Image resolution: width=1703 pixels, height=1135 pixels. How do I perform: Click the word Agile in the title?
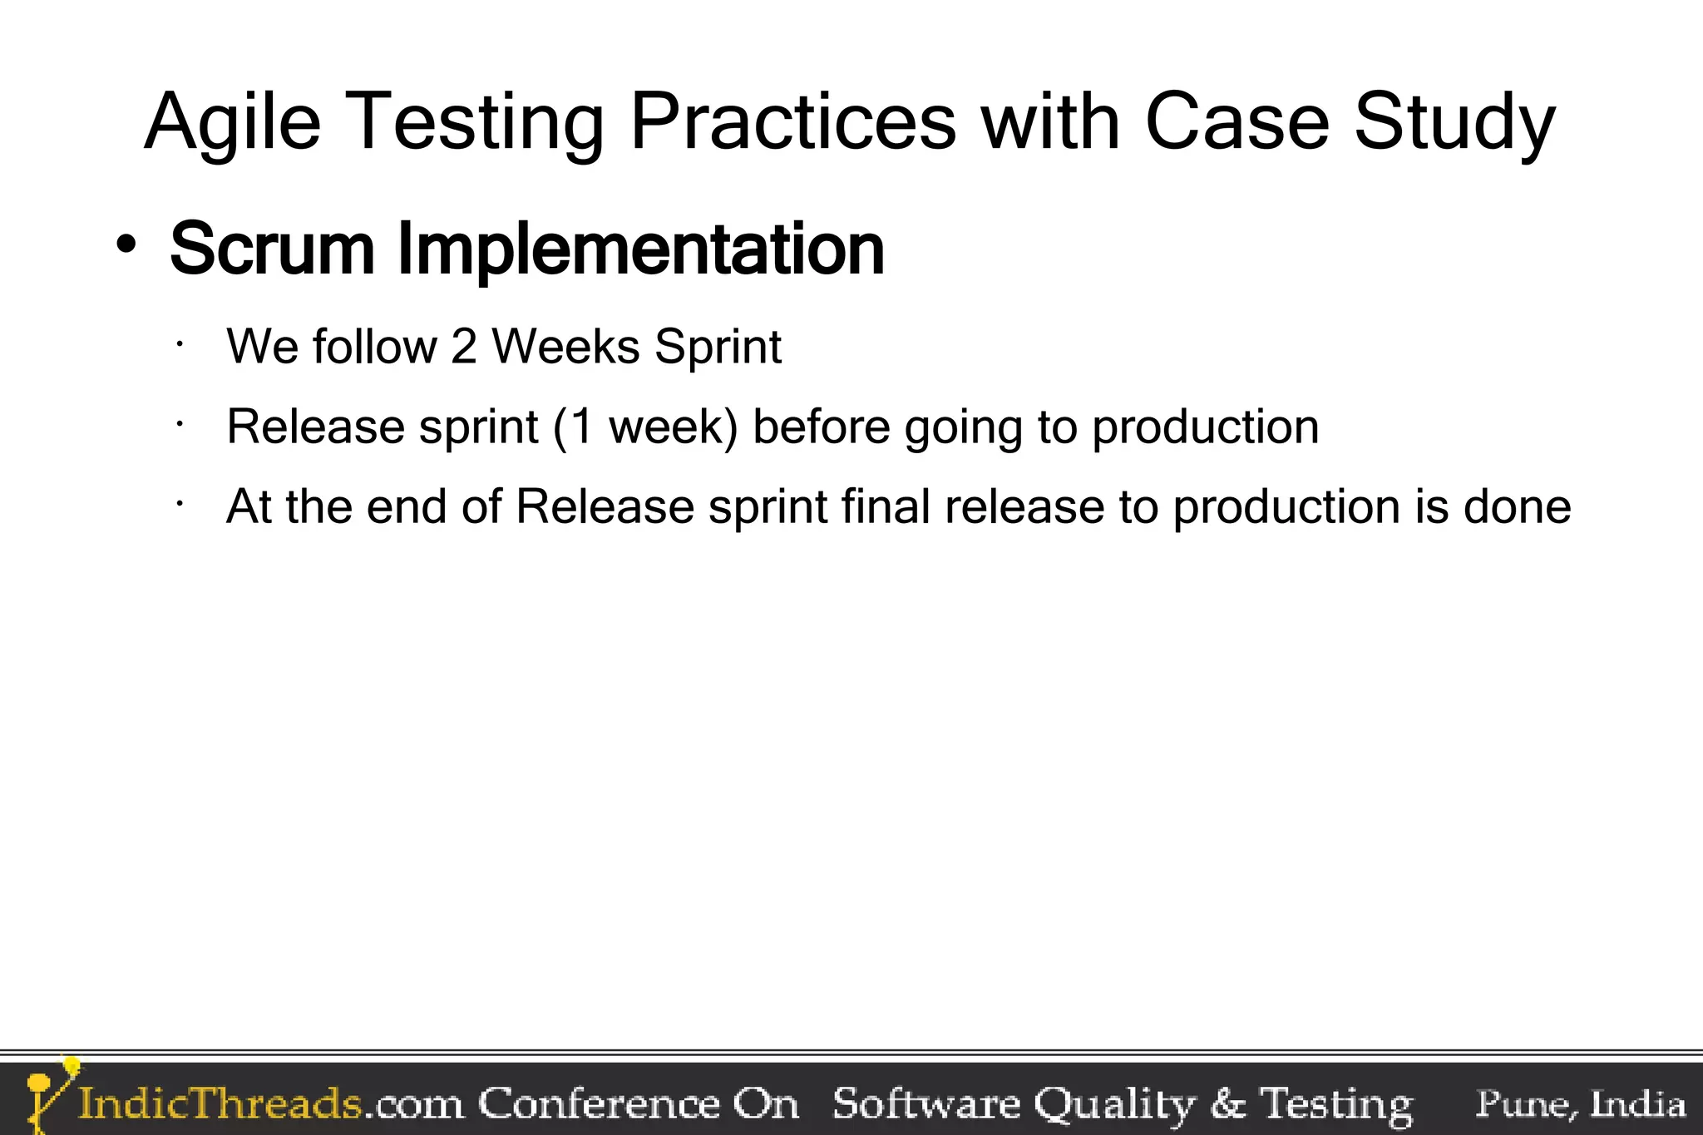(233, 123)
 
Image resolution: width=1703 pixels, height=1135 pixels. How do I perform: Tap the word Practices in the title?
(792, 123)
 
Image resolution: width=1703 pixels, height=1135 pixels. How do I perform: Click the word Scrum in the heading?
(272, 249)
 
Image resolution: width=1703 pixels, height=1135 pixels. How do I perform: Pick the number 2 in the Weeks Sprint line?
(464, 347)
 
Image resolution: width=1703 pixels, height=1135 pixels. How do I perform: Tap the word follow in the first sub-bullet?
(374, 347)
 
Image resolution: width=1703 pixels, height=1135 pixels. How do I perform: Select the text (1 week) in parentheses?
(646, 427)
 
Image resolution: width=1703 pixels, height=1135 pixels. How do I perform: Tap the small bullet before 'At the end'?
(179, 503)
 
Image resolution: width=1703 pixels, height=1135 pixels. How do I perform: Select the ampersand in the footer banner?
(1227, 1104)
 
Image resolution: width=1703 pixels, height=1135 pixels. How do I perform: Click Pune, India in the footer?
(1580, 1104)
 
